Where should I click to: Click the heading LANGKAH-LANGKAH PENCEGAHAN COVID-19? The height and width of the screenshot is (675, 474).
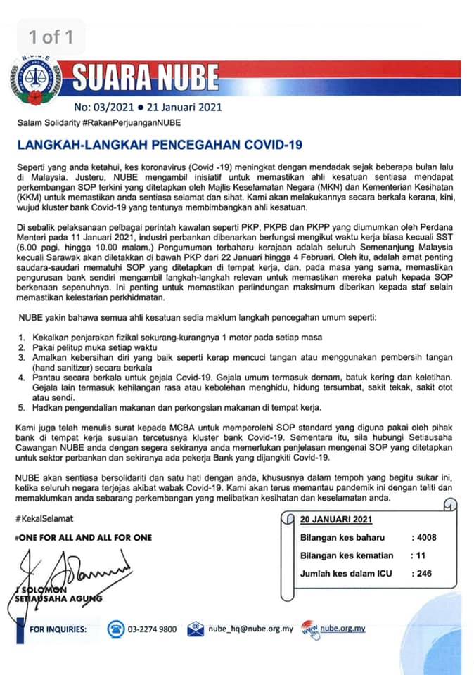click(x=159, y=145)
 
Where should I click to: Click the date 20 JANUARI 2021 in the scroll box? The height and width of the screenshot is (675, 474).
click(x=336, y=520)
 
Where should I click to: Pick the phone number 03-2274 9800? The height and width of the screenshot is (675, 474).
click(x=153, y=629)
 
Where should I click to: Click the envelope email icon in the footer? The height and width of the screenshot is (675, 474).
click(x=196, y=629)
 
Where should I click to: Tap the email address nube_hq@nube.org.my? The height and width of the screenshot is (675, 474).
click(x=250, y=629)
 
